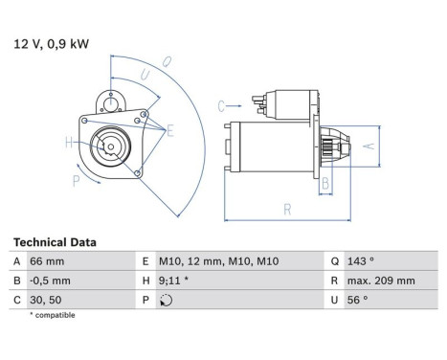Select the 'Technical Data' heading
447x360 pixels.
click(55, 243)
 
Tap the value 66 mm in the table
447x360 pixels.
click(48, 261)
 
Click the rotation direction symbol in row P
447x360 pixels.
click(168, 300)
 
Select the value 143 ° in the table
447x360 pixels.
click(359, 261)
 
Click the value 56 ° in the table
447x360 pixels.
click(356, 300)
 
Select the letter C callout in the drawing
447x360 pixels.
click(220, 105)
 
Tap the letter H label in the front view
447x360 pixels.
click(68, 143)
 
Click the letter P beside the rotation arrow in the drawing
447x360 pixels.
click(77, 178)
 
